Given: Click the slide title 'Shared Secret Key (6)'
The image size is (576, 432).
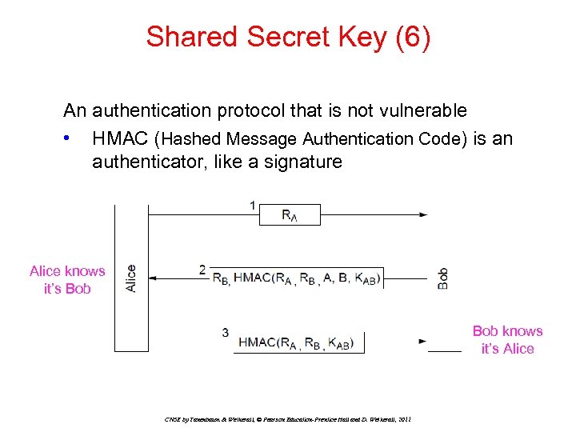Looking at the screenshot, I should pos(288,37).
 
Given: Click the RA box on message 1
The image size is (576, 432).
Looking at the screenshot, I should pos(290,215).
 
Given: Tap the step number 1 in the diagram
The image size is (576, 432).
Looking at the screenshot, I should pos(253,206).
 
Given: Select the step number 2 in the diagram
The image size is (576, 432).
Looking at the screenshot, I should pos(203,270).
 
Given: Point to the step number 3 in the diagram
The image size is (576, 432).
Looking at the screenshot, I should pos(226,333).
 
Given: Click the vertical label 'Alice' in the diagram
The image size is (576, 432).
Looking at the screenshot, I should pos(131,278).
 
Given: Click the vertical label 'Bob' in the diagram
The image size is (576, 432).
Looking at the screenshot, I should pos(442,278).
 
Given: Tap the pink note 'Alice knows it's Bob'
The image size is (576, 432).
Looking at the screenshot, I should pos(67,280).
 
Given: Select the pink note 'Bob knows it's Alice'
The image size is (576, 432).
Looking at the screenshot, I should pos(507,340).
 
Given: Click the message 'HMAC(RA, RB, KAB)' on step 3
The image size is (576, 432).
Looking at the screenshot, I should pos(301,343).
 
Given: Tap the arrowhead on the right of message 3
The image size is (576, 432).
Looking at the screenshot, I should pos(422,341).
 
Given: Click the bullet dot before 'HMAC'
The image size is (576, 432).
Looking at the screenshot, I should pos(72,138).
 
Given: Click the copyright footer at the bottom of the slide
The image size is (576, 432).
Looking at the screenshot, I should pos(287,418).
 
